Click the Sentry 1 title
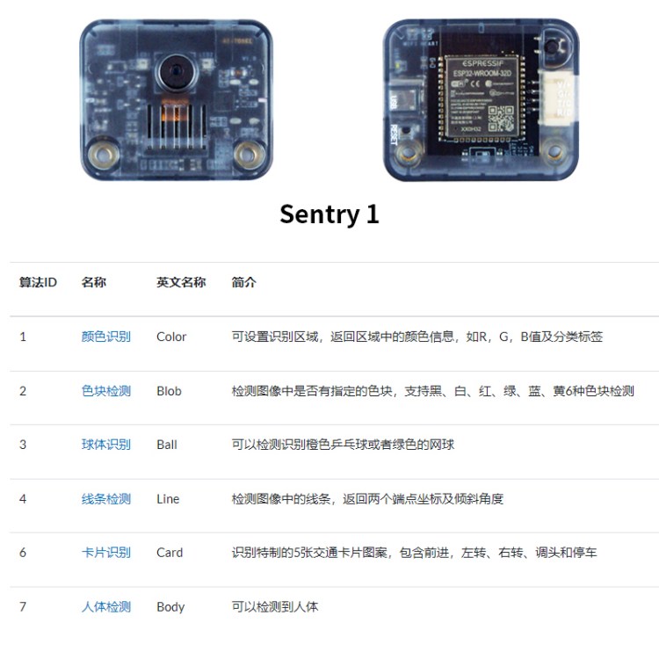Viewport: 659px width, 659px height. tap(329, 214)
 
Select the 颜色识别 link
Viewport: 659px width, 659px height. tap(105, 337)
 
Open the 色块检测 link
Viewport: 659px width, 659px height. tap(105, 391)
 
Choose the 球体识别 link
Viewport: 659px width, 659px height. tap(105, 445)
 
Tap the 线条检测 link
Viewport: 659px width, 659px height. tap(105, 499)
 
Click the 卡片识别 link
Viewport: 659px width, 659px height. tap(105, 553)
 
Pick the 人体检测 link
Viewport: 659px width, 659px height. tap(105, 607)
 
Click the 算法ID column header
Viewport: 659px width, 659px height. tap(38, 283)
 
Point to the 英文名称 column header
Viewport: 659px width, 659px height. tap(181, 283)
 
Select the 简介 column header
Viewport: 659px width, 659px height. tap(244, 283)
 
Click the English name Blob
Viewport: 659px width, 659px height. tap(169, 391)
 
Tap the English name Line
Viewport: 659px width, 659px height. tap(167, 499)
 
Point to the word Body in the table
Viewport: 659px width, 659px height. tap(170, 607)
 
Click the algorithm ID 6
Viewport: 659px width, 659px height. tap(23, 553)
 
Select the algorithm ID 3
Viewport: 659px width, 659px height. tap(23, 445)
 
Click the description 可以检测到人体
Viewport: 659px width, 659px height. tap(275, 607)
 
